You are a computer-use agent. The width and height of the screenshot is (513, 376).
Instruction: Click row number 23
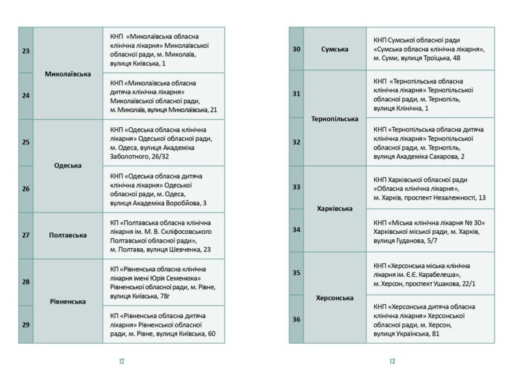26,51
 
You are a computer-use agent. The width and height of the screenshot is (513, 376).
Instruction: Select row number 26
26,189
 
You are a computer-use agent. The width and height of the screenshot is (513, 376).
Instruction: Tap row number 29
26,324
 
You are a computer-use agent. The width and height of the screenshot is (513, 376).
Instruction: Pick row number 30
296,49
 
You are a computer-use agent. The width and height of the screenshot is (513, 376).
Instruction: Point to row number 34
296,230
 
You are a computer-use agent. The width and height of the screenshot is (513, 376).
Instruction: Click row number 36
296,319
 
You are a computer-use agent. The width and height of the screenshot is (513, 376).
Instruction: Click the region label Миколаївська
68,73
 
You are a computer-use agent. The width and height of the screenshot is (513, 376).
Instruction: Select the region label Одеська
68,165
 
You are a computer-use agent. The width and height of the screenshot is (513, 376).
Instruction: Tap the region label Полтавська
68,235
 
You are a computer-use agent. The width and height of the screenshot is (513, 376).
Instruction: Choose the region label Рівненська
68,301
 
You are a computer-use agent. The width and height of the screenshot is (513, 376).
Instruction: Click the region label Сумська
334,49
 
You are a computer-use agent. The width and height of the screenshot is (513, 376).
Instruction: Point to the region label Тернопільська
334,119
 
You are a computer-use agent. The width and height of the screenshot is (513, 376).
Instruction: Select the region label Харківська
334,208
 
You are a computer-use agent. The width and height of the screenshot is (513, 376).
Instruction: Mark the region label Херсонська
334,298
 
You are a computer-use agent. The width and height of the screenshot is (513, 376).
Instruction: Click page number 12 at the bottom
121,361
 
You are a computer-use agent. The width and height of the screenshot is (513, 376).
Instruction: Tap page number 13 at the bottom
392,361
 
